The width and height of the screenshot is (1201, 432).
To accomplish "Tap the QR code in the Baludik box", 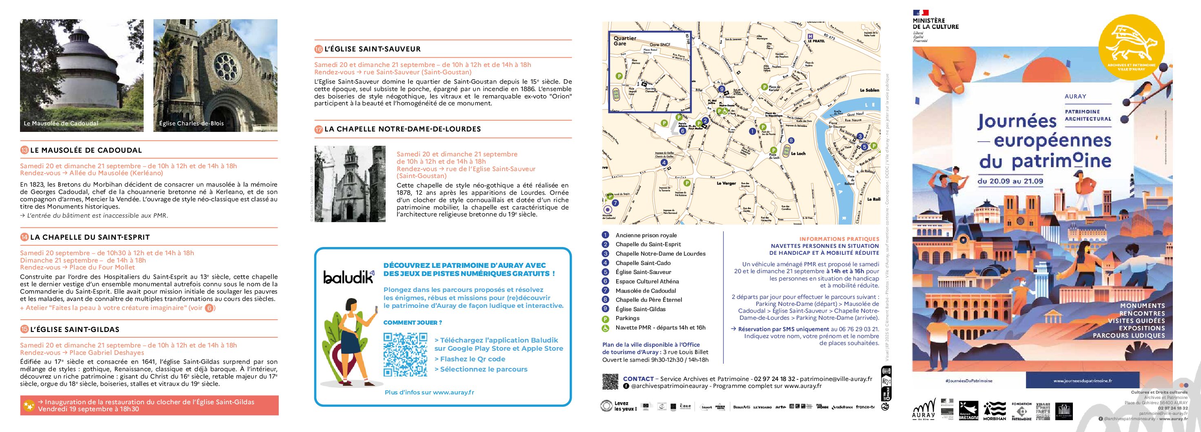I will tap(405, 354).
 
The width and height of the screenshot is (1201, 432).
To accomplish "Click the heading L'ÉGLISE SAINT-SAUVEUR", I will tap(372, 49).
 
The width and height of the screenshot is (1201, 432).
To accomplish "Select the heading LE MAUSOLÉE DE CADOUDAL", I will tap(86, 150).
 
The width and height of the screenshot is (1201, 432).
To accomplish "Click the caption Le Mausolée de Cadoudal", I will tap(61, 124).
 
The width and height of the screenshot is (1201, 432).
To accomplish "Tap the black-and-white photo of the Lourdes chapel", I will tap(350, 184).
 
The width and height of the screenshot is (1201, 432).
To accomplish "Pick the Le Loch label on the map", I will tap(798, 154).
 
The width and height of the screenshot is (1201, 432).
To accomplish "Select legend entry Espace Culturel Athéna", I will tap(647, 281).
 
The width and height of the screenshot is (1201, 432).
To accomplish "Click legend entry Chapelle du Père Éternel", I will tap(648, 300).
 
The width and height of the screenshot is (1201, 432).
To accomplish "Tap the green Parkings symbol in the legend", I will tap(606, 318).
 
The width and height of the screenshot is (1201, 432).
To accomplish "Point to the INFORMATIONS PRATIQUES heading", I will tap(839, 239).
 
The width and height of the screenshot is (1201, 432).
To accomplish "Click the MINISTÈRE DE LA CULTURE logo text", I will tap(935, 24).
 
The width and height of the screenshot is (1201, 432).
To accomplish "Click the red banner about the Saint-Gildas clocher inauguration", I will tap(149, 405).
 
